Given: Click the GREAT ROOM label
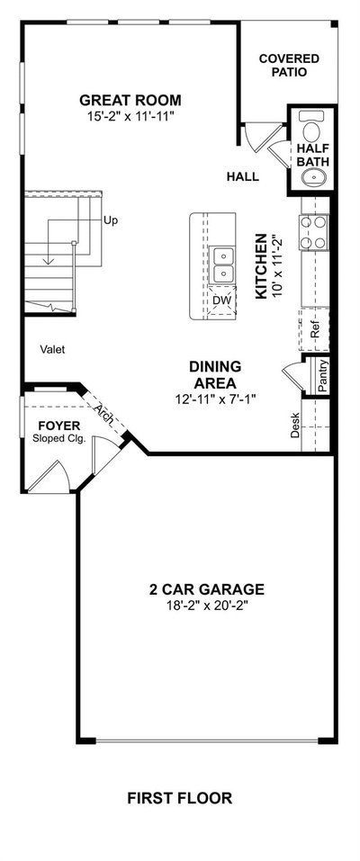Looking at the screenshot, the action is pyautogui.click(x=130, y=101).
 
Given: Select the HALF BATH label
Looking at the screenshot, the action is pyautogui.click(x=312, y=155).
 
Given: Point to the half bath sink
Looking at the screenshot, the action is pyautogui.click(x=313, y=177).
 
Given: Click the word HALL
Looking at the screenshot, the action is pyautogui.click(x=242, y=177).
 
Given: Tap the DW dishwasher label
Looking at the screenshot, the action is pyautogui.click(x=221, y=300).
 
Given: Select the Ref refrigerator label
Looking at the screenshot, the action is pyautogui.click(x=315, y=330).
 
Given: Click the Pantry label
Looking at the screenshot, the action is pyautogui.click(x=323, y=375).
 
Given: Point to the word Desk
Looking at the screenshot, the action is pyautogui.click(x=295, y=425).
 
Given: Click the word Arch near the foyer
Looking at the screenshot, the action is pyautogui.click(x=104, y=413).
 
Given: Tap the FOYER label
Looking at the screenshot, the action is pyautogui.click(x=58, y=426).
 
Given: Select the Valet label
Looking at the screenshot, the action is pyautogui.click(x=53, y=349).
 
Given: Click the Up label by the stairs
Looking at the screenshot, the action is pyautogui.click(x=111, y=220).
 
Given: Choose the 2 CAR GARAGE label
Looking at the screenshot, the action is pyautogui.click(x=207, y=589).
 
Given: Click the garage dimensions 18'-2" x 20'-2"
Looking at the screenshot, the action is pyautogui.click(x=207, y=605).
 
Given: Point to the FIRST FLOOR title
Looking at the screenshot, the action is pyautogui.click(x=180, y=797).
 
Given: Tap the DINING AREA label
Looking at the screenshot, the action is pyautogui.click(x=215, y=374).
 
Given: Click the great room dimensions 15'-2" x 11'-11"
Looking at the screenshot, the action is pyautogui.click(x=130, y=116).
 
